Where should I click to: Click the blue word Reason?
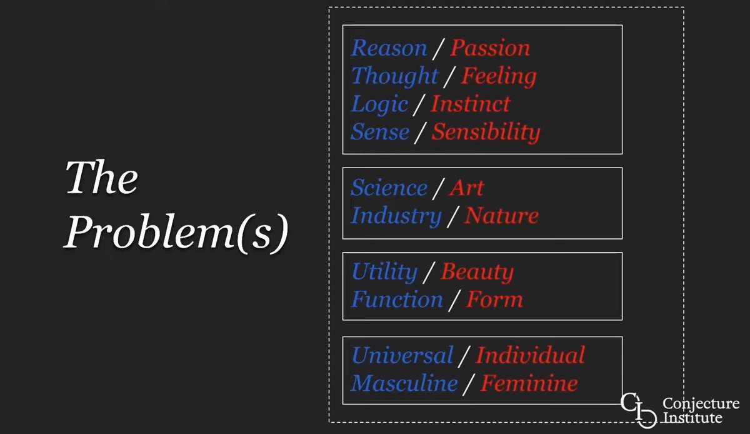pyautogui.click(x=389, y=48)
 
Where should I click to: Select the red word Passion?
pyautogui.click(x=490, y=48)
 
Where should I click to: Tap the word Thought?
pyautogui.click(x=394, y=76)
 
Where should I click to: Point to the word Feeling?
pyautogui.click(x=498, y=76)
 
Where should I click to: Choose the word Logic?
pyautogui.click(x=380, y=104)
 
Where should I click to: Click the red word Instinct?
pyautogui.click(x=470, y=104)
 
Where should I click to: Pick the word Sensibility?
pyautogui.click(x=486, y=132)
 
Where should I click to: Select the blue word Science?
pyautogui.click(x=389, y=188)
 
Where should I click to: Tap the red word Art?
pyautogui.click(x=466, y=188)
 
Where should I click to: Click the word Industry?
pyautogui.click(x=396, y=216)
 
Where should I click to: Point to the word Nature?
pyautogui.click(x=501, y=216)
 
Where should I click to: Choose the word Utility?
pyautogui.click(x=384, y=271)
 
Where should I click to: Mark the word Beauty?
pyautogui.click(x=477, y=272)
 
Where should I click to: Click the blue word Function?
pyautogui.click(x=397, y=300)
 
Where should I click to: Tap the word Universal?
pyautogui.click(x=402, y=355)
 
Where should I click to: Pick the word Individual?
pyautogui.click(x=530, y=355)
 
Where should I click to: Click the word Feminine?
pyautogui.click(x=529, y=383)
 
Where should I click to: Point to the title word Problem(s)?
pyautogui.click(x=176, y=233)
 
